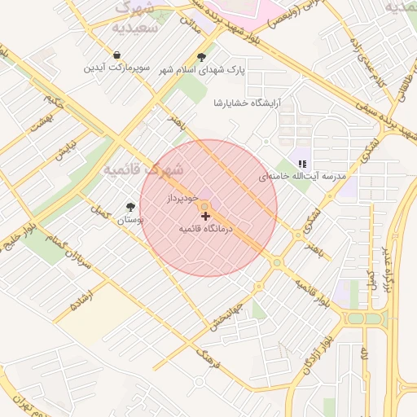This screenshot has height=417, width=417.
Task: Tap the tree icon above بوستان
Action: click(131, 207)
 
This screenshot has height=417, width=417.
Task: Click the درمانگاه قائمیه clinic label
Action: click(206, 230)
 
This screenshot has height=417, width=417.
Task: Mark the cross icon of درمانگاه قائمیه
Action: click(205, 217)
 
